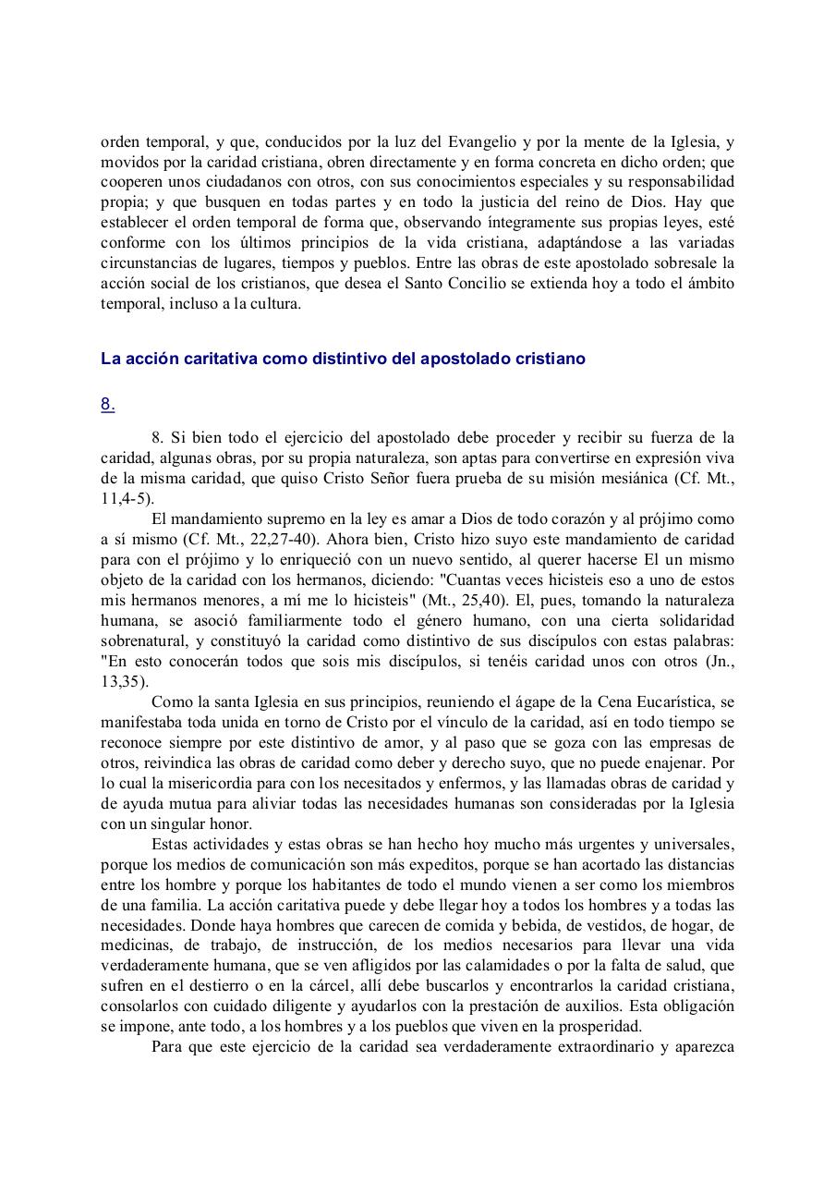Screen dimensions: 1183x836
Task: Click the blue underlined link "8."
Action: [107, 404]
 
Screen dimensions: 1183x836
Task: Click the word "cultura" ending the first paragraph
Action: [274, 304]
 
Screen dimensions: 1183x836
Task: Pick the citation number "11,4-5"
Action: [126, 498]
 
